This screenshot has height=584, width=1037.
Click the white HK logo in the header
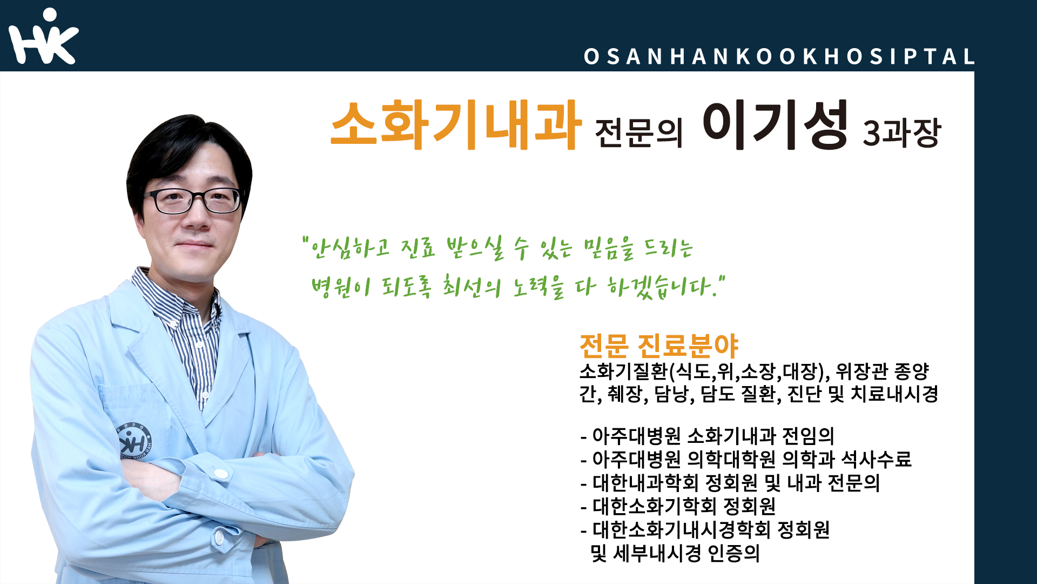click(x=43, y=37)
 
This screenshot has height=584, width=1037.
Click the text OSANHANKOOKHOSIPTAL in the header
click(x=780, y=57)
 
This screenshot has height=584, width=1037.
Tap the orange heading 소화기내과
click(x=456, y=125)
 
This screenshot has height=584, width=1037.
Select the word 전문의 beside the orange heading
click(x=638, y=133)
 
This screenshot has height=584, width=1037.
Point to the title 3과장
click(x=902, y=133)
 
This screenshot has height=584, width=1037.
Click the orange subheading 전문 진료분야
click(x=658, y=346)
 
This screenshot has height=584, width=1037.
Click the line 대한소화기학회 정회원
click(x=678, y=507)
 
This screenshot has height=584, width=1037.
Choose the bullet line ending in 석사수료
click(x=746, y=460)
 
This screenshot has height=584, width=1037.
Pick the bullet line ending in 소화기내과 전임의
click(x=708, y=436)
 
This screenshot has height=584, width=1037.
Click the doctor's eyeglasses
click(x=196, y=201)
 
